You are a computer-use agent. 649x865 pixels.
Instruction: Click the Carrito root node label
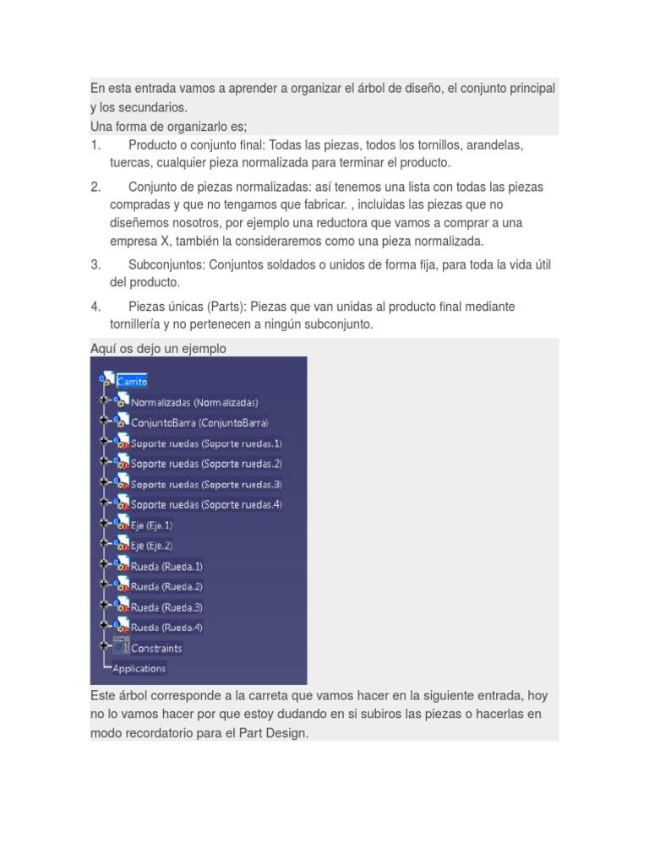[x=132, y=381]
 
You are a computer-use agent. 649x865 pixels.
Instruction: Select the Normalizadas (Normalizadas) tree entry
[x=194, y=402]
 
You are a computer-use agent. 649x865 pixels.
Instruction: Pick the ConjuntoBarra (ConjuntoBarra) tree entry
[x=199, y=422]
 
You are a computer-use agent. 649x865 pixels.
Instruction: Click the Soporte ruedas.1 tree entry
[x=206, y=443]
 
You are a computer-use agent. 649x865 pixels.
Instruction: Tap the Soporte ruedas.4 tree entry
[x=206, y=504]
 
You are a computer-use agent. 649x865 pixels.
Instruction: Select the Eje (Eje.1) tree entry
[x=151, y=525]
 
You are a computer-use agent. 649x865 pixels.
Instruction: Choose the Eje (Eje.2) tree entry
[x=151, y=546]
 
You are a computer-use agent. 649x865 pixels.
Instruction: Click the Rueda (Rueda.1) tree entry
[x=166, y=566]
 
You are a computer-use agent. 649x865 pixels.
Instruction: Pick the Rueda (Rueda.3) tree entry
[x=166, y=607]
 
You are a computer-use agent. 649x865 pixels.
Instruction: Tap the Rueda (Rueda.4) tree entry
[x=166, y=628]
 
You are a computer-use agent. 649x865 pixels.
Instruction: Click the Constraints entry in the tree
[x=156, y=648]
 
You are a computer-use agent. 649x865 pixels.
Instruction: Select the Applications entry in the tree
[x=139, y=668]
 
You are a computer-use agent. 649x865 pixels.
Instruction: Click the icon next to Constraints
[x=121, y=647]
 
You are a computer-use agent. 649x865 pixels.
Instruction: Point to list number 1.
[x=95, y=145]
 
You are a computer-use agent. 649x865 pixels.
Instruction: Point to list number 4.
[x=95, y=306]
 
